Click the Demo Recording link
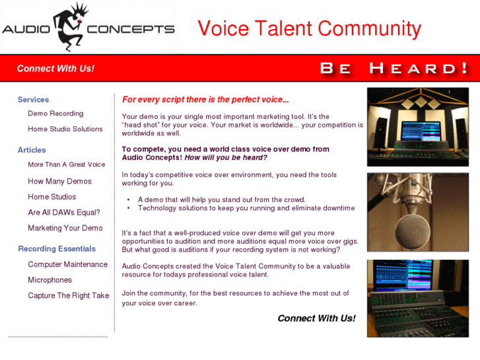click(x=55, y=114)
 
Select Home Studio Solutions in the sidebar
click(x=65, y=129)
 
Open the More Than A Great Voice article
click(x=66, y=164)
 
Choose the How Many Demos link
click(x=59, y=181)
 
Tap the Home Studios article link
click(x=51, y=197)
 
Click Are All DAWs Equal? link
click(x=64, y=213)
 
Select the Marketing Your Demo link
click(x=65, y=228)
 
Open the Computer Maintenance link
click(x=67, y=264)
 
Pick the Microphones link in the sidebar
click(x=50, y=280)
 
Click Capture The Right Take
click(x=68, y=295)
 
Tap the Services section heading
click(x=33, y=100)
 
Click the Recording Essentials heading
click(x=57, y=249)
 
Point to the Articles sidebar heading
click(x=32, y=150)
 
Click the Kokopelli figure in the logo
click(x=69, y=26)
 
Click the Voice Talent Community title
click(x=309, y=28)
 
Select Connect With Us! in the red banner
click(x=55, y=68)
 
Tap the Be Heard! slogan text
click(x=394, y=68)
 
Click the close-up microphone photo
click(x=417, y=212)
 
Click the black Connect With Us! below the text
click(x=316, y=318)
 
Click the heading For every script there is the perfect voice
click(x=205, y=100)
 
